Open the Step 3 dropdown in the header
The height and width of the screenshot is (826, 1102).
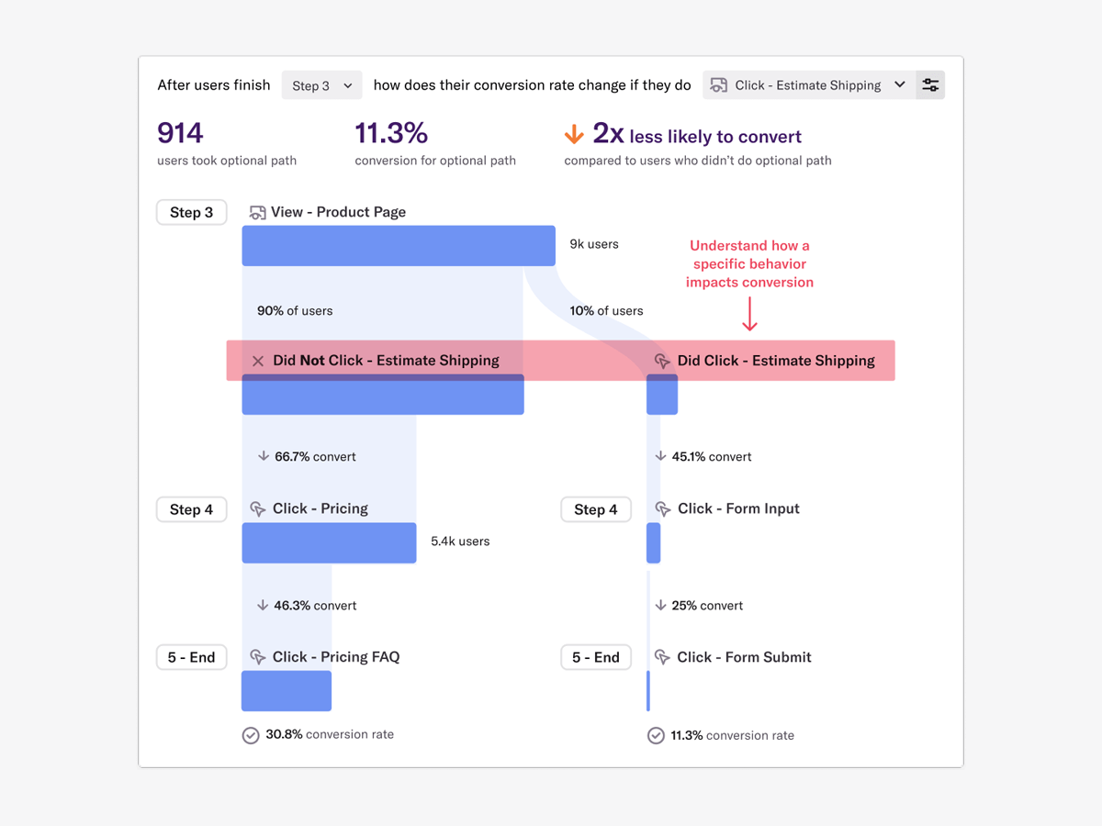click(x=321, y=85)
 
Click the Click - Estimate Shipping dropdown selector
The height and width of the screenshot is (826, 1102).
click(x=808, y=85)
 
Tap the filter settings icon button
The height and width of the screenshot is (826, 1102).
click(x=930, y=85)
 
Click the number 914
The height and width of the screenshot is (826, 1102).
click(x=180, y=134)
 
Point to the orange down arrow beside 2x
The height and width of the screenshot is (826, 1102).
click(x=574, y=136)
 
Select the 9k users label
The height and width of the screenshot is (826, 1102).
click(x=594, y=244)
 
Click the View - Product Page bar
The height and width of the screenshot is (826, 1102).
click(x=399, y=246)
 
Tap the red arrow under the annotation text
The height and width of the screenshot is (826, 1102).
click(x=749, y=314)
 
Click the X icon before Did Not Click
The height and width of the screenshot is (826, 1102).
click(x=258, y=361)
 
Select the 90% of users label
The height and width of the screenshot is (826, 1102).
click(x=295, y=311)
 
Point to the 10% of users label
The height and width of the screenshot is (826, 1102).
click(x=606, y=311)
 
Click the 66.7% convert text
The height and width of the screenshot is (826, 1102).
click(x=315, y=456)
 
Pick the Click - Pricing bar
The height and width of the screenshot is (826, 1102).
click(x=329, y=542)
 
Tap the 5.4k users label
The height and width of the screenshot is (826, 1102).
click(x=460, y=541)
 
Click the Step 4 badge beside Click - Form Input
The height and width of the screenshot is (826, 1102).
click(x=596, y=509)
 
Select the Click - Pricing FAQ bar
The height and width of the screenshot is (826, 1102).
click(x=287, y=691)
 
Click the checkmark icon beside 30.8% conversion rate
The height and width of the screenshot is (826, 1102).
click(x=251, y=735)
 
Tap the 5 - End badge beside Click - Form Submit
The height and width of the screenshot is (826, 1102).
click(x=596, y=657)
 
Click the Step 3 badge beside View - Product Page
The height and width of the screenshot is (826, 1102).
click(x=191, y=212)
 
